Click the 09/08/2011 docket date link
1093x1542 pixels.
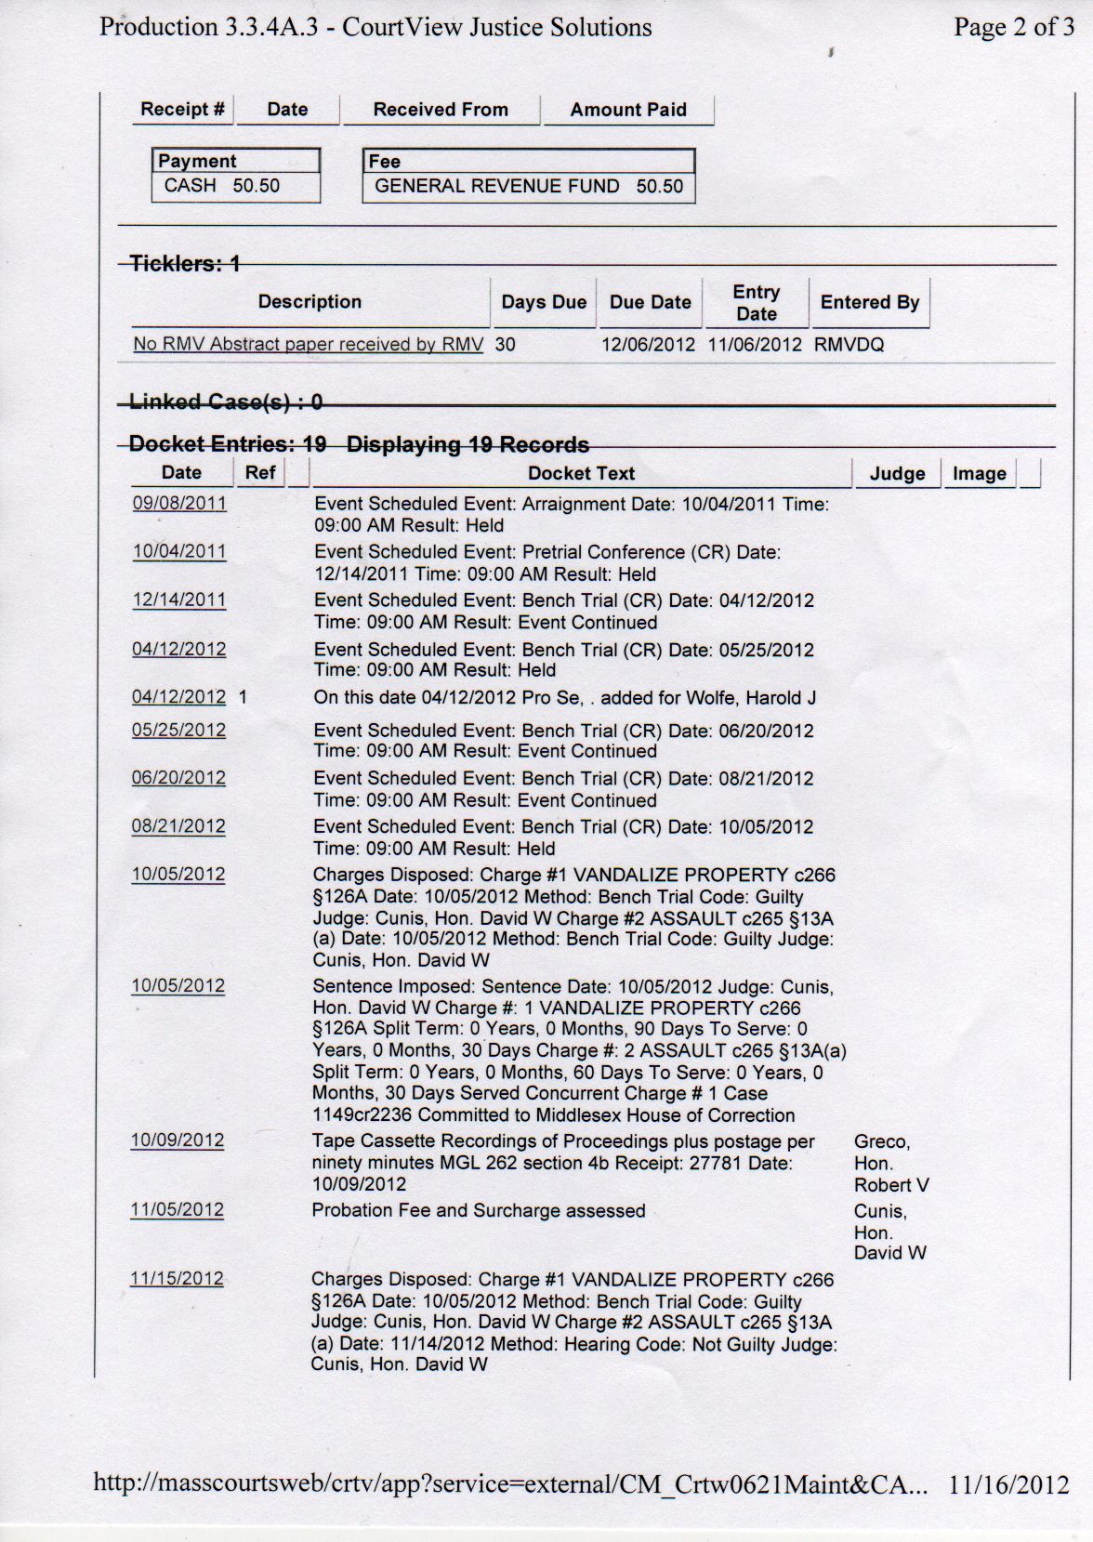(x=179, y=503)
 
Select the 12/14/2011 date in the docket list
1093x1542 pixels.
(x=179, y=600)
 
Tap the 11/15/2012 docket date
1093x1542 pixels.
(x=177, y=1278)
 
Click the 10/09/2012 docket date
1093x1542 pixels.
(x=178, y=1140)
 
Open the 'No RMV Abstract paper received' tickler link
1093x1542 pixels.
(x=308, y=344)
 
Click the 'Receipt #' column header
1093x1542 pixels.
(x=182, y=109)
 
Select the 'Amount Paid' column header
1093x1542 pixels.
(x=628, y=110)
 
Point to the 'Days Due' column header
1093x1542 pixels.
(x=544, y=302)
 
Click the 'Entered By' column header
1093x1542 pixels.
(x=869, y=302)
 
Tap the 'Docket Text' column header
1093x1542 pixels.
(x=581, y=473)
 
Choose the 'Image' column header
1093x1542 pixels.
(x=979, y=474)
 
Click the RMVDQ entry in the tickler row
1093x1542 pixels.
(x=849, y=345)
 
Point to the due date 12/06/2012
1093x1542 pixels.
(x=648, y=345)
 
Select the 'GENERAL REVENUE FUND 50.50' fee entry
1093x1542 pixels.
(x=528, y=186)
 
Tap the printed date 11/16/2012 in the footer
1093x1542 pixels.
(x=1008, y=1484)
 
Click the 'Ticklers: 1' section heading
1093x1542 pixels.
(x=185, y=264)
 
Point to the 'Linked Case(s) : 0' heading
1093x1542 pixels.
(x=226, y=402)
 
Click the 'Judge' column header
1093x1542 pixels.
(x=897, y=474)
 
